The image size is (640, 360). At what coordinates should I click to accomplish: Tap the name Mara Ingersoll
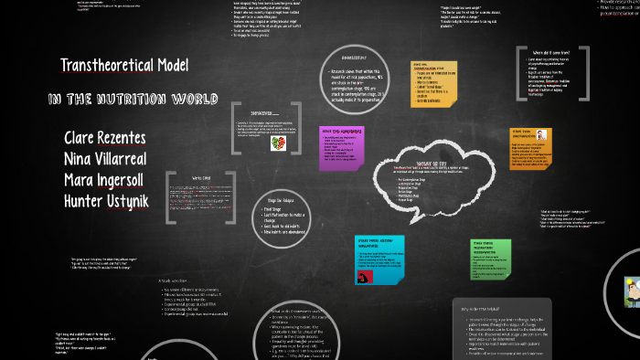coord(109,178)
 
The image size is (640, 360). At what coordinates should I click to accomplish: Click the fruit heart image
coord(276,143)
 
